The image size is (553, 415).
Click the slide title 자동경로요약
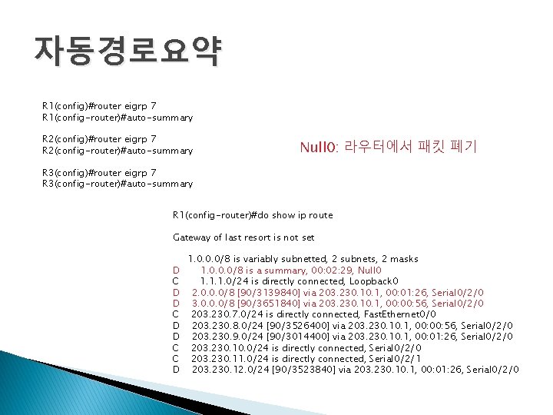pyautogui.click(x=127, y=51)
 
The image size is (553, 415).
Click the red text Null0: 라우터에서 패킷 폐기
pyautogui.click(x=388, y=145)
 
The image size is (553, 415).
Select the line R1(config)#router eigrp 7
pyautogui.click(x=100, y=106)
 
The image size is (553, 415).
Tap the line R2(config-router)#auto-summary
pyautogui.click(x=118, y=151)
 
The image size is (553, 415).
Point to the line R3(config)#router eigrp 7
pyautogui.click(x=100, y=173)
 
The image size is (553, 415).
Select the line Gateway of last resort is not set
pyautogui.click(x=243, y=237)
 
